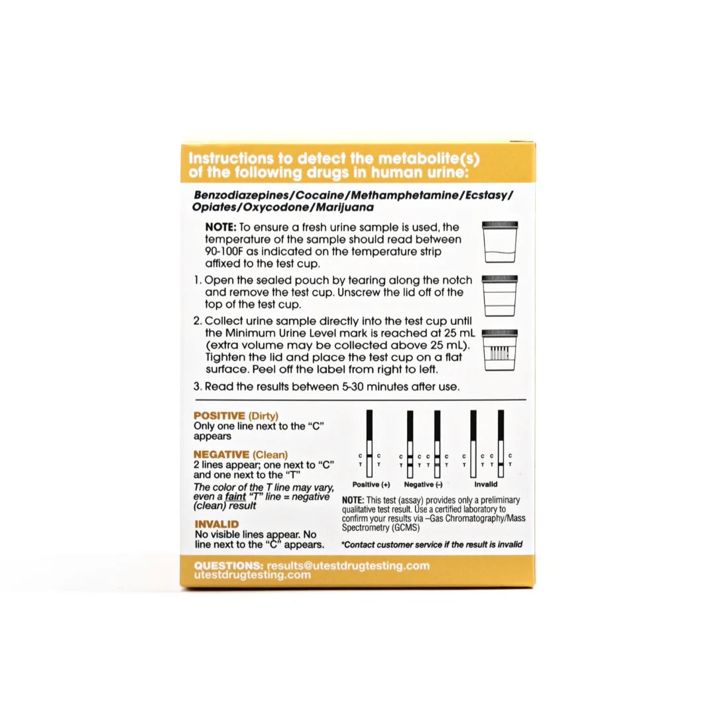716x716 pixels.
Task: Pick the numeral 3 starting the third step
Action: point(197,387)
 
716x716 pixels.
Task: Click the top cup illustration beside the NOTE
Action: point(501,243)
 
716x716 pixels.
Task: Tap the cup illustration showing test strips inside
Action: point(501,350)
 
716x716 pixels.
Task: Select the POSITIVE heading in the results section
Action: point(219,415)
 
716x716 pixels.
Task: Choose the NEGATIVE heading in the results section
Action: point(221,455)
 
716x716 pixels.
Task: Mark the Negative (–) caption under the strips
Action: point(424,485)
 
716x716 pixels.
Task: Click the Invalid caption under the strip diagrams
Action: point(485,485)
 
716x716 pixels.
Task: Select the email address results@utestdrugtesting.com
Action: point(348,566)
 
